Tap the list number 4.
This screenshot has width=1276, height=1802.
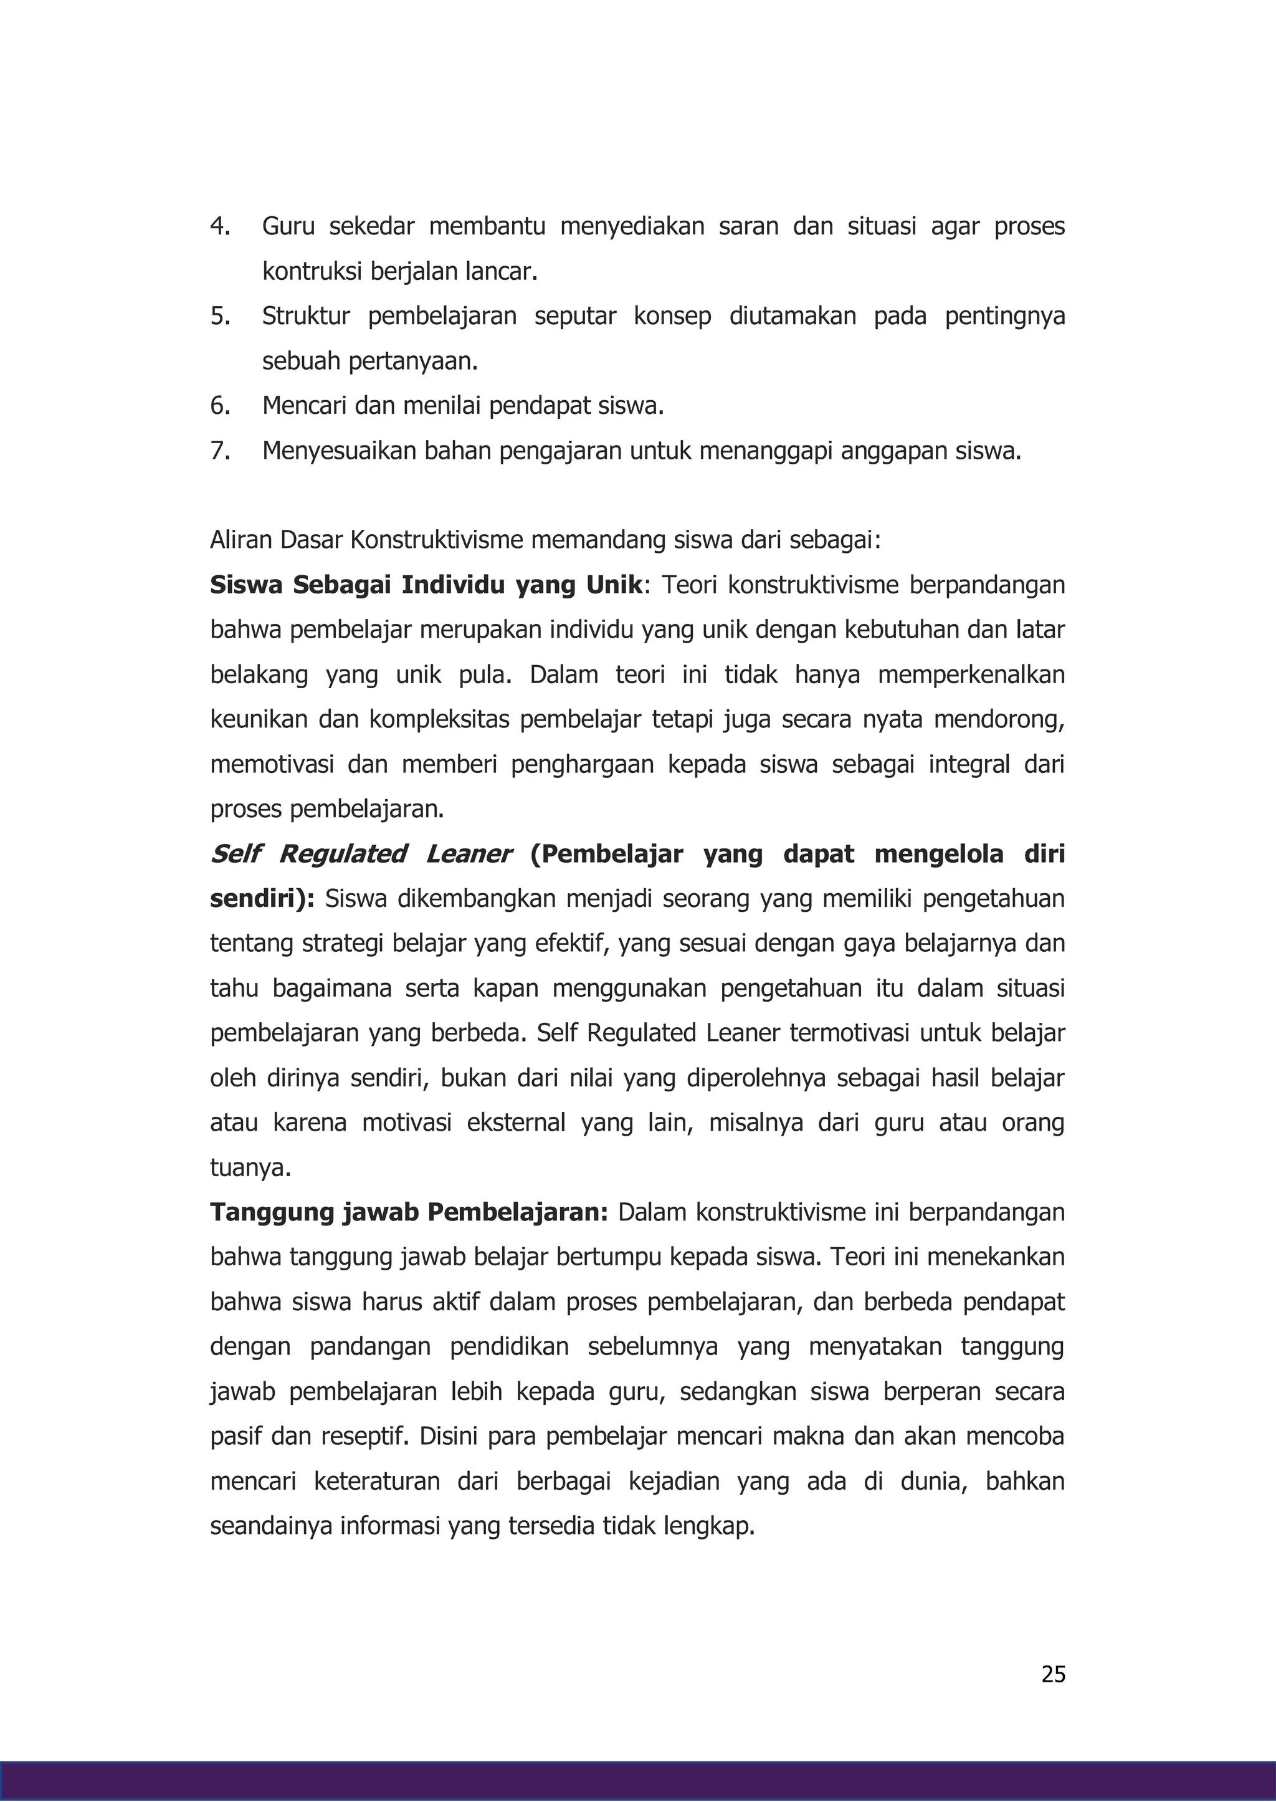(x=219, y=226)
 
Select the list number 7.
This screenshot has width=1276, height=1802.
(x=219, y=451)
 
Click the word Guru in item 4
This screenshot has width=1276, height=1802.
(x=288, y=226)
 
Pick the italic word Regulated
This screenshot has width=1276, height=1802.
(x=342, y=854)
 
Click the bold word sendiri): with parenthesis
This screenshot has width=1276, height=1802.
(x=262, y=899)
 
